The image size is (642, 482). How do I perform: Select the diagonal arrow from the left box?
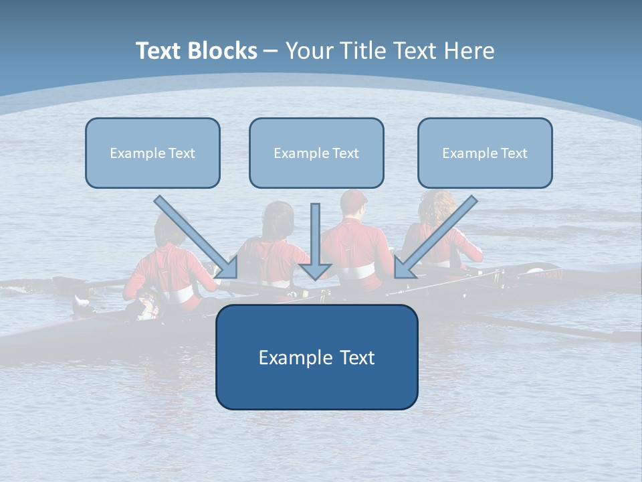[x=194, y=234]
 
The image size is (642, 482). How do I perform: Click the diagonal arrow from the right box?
[x=438, y=234]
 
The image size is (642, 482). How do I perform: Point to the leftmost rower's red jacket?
[x=167, y=268]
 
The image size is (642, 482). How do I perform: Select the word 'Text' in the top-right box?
[x=514, y=153]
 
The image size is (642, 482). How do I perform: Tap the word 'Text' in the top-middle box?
[x=345, y=153]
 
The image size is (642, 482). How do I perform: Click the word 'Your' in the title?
[x=308, y=51]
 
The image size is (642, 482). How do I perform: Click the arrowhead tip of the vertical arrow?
[x=316, y=278]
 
